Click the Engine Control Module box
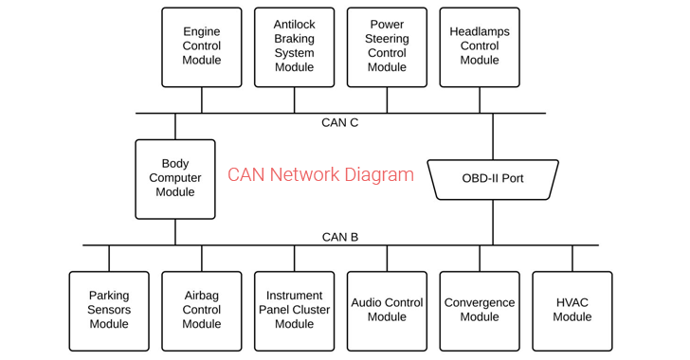201,46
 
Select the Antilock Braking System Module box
294,46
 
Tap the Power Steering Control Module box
387,46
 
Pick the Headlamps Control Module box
480,46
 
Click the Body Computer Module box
175,178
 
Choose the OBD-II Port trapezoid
493,179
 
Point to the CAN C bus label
339,123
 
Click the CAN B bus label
339,237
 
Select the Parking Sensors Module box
109,310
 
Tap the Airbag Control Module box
201,310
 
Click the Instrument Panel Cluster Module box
294,310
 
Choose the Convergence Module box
480,310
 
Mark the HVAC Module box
572,310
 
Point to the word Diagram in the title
380,175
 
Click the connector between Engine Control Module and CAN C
201,100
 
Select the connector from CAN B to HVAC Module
572,259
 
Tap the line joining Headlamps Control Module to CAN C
480,100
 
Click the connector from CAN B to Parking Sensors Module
109,259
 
